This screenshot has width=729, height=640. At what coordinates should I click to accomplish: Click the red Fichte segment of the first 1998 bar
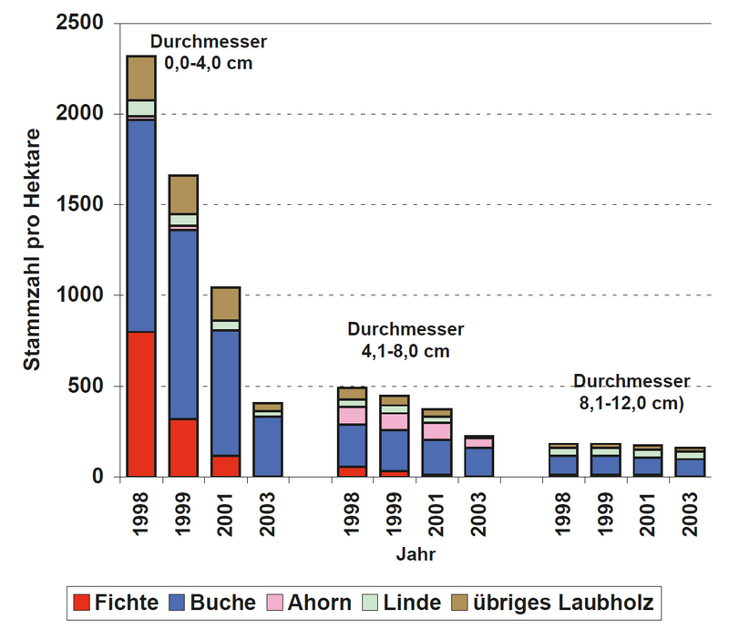click(141, 404)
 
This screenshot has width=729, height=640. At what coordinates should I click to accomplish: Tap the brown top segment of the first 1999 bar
click(183, 194)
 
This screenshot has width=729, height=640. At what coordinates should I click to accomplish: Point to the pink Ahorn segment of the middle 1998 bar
click(353, 416)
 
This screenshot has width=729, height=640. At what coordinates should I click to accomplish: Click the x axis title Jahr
click(415, 553)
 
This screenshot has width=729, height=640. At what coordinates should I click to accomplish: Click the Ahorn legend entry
click(306, 602)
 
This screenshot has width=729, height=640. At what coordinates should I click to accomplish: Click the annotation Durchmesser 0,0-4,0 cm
click(208, 53)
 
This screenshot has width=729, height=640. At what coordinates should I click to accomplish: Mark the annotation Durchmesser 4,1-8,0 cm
click(406, 339)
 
